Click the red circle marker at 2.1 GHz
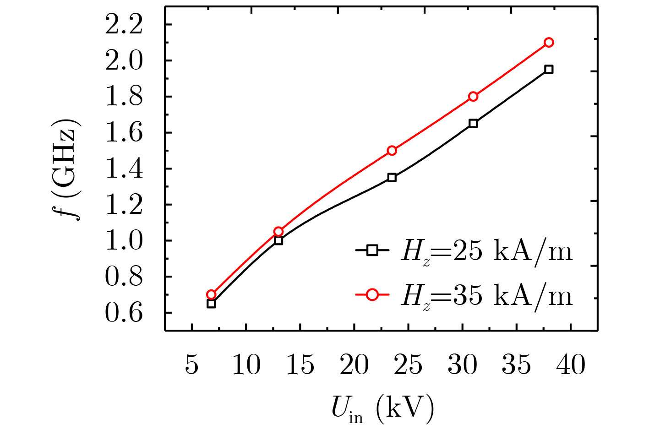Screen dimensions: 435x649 [x=549, y=43]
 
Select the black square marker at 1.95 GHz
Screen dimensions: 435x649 [x=549, y=70]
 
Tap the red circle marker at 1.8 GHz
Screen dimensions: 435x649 [x=473, y=97]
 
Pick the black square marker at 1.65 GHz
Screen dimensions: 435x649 [x=473, y=124]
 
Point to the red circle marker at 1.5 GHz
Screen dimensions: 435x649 [x=392, y=151]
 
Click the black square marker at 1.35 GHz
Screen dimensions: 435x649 [x=392, y=178]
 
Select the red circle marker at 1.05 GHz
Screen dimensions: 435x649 [x=278, y=231]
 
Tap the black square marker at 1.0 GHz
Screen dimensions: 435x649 [x=278, y=240]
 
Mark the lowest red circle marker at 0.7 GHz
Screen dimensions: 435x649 [x=211, y=294]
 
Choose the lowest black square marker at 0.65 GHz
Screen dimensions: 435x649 [x=211, y=304]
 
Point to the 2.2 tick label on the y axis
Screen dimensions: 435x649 [x=124, y=25]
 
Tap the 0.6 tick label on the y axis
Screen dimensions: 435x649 [x=124, y=313]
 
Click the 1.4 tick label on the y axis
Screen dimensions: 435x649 [x=124, y=169]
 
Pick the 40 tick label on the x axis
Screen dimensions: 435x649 [x=571, y=365]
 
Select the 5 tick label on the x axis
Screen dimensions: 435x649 [x=192, y=365]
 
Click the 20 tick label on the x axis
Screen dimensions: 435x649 [x=354, y=365]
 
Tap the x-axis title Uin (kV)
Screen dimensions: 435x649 [x=382, y=409]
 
